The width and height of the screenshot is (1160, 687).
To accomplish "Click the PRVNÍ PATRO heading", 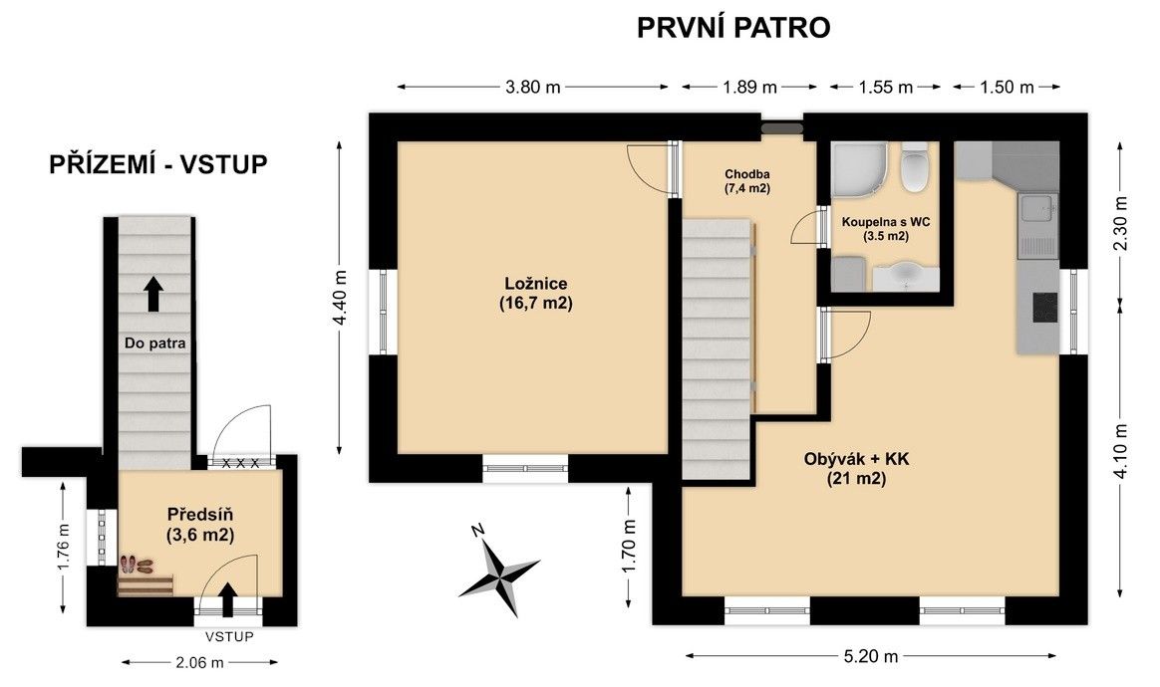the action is coord(733,28).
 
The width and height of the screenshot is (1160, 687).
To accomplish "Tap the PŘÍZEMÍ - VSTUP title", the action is coord(158,164).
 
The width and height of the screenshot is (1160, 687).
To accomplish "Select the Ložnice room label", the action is coord(536,293).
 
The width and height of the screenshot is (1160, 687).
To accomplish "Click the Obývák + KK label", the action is coord(857,468).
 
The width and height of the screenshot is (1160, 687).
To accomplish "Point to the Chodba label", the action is coord(747,181).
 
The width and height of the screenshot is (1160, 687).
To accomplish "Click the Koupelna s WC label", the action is coord(886,229).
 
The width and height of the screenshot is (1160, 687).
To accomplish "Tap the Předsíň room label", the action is coord(200,525).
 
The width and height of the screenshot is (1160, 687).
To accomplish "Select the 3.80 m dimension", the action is coord(532,88).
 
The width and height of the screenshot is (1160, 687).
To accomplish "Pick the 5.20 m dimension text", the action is coord(871,655).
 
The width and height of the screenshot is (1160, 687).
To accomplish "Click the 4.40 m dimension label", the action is coord(340,298).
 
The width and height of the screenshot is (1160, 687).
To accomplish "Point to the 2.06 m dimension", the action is coord(199,662).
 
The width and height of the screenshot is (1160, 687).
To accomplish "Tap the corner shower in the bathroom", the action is coord(859,169).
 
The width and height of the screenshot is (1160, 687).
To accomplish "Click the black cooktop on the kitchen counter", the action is coord(1044,305).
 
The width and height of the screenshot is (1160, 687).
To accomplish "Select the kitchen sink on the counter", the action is coord(1038,210).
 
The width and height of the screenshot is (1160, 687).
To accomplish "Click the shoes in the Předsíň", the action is coord(137,565).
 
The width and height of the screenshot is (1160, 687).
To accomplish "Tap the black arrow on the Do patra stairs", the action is coord(153,294).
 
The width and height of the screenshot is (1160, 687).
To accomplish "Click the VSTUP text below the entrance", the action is coord(229,636).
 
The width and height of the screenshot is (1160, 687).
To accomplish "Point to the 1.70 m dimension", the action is coord(629,547).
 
